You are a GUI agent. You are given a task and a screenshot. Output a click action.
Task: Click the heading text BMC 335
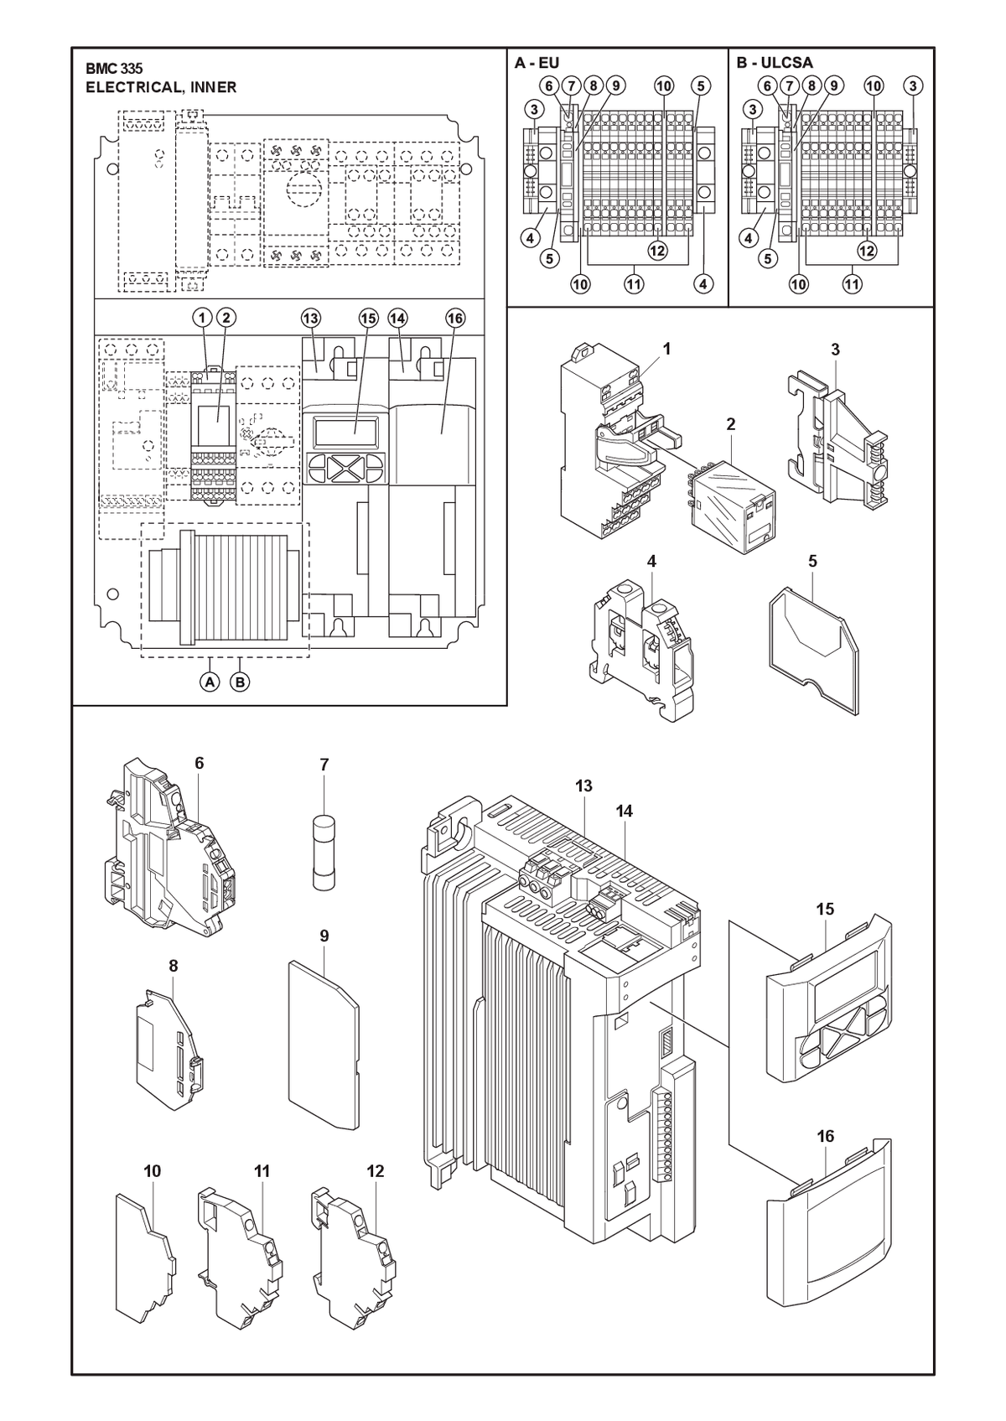click(x=114, y=69)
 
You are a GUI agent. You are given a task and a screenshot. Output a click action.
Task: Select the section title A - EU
click(x=537, y=62)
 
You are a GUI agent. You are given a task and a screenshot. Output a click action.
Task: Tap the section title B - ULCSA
click(x=775, y=62)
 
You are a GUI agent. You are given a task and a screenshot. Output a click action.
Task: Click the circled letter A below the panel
click(x=209, y=682)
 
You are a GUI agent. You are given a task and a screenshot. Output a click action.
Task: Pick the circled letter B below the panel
click(x=240, y=682)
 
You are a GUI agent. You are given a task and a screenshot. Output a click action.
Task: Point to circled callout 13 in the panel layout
click(x=311, y=318)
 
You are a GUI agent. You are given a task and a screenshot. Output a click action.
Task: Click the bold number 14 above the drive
click(x=624, y=811)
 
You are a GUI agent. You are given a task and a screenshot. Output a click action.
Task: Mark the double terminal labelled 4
click(x=642, y=654)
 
